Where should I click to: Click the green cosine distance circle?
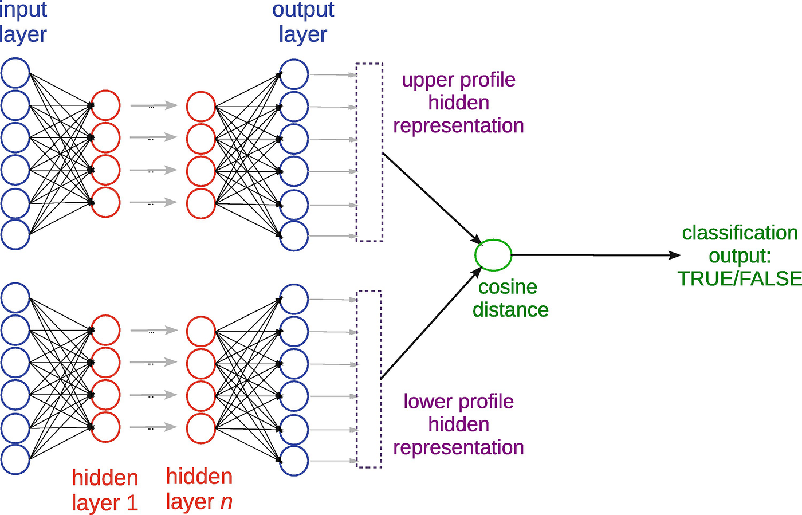tap(493, 255)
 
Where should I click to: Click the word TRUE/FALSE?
tap(740, 278)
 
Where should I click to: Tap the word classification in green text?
tap(740, 233)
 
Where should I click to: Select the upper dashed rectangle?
tap(369, 152)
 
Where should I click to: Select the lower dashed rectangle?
tap(369, 379)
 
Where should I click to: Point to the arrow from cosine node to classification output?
tap(596, 255)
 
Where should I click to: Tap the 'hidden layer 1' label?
tap(105, 490)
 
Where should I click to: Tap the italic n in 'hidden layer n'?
tap(226, 502)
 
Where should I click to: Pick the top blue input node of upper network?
tap(15, 73)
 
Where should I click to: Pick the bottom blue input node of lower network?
tap(15, 459)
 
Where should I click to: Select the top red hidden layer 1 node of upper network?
tap(105, 105)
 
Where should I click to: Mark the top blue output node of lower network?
tap(294, 299)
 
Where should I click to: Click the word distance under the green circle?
tap(510, 310)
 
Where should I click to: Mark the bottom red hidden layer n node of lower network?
tap(201, 427)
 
